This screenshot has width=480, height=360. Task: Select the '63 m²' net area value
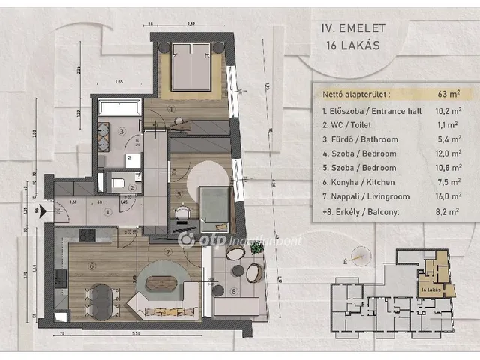[x=448, y=94]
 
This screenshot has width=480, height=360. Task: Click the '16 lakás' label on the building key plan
[x=431, y=289]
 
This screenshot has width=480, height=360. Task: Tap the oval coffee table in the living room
[x=161, y=284]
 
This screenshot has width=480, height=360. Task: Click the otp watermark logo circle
[x=187, y=239]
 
